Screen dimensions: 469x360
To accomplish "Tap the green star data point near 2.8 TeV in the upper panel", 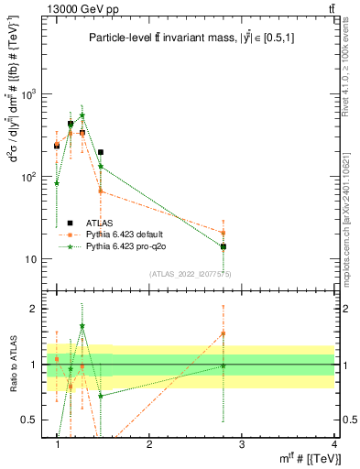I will pyautogui.click(x=223, y=246).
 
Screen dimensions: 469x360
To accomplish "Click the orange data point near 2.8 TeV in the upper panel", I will pyautogui.click(x=223, y=233).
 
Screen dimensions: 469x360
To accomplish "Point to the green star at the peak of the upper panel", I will pyautogui.click(x=82, y=116).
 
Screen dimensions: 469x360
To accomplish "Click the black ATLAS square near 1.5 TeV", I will pyautogui.click(x=101, y=152).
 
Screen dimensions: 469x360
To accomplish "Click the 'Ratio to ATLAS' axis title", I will pyautogui.click(x=12, y=365).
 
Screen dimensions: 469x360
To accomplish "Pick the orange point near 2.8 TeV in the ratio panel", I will pyautogui.click(x=223, y=333).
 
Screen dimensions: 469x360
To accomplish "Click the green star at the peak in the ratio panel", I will pyautogui.click(x=82, y=326).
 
